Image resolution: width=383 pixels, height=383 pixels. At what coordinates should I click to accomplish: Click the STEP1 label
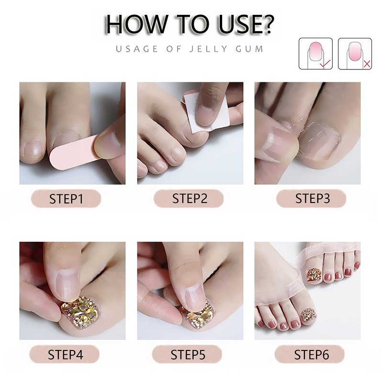66,199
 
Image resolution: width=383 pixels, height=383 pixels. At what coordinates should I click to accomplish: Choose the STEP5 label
187,354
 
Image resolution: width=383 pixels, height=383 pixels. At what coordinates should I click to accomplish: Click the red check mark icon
325,63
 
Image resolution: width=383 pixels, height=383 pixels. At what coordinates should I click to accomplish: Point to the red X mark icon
367,64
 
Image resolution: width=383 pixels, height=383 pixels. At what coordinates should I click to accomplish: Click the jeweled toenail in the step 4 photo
80,312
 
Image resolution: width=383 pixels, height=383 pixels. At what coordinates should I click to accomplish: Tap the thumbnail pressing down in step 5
194,295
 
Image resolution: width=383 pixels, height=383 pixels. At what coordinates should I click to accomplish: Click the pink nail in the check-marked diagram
315,51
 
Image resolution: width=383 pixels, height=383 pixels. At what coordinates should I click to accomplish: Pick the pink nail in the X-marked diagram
355,51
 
